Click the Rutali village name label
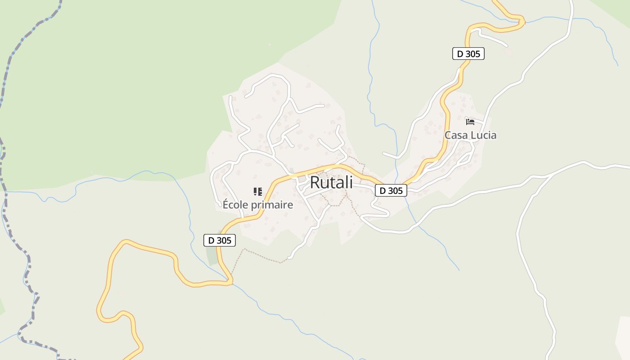coord(331,182)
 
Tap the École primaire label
coord(258,205)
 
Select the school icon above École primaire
coord(258,192)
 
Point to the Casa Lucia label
coord(470,135)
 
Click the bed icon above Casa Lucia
coord(470,121)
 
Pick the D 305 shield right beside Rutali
coord(391,190)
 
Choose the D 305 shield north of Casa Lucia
coord(468,54)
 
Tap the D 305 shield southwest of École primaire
coord(220,240)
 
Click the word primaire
coord(272,205)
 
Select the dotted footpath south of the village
coord(261,256)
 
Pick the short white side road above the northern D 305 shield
coord(493,38)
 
